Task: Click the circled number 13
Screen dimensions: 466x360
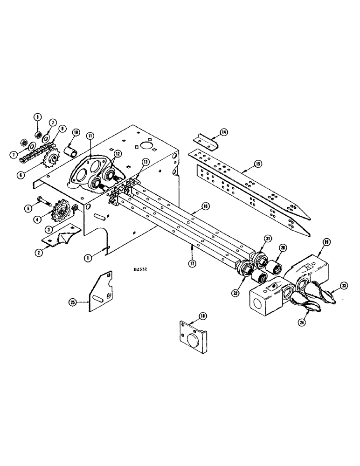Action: click(146, 162)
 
